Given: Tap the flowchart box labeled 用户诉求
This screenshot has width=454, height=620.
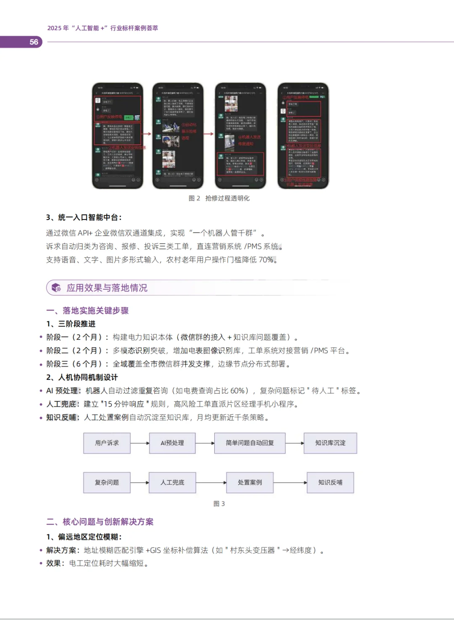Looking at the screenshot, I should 107,443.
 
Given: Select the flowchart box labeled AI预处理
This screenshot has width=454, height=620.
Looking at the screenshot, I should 172,443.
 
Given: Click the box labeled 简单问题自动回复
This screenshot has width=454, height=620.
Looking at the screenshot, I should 250,443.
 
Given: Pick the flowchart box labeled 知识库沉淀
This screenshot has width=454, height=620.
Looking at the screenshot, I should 330,443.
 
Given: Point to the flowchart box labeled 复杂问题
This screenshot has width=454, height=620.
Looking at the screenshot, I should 107,482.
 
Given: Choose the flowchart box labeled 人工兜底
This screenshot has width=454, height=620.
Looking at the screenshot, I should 172,482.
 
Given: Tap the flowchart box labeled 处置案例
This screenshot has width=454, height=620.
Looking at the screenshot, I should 250,482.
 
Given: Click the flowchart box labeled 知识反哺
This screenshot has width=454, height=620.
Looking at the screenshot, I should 330,482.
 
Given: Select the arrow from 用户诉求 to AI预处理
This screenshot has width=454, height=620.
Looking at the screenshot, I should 140,443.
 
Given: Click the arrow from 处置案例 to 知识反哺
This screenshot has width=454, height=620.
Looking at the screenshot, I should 290,482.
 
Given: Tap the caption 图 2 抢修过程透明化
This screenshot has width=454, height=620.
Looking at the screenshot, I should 219,198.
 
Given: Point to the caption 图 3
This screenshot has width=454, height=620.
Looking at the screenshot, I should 219,503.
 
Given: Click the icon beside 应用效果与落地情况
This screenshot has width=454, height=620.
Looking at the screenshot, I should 56,288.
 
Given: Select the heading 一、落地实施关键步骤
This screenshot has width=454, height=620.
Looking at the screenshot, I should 87,310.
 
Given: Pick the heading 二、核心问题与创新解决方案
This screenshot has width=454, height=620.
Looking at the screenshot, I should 100,522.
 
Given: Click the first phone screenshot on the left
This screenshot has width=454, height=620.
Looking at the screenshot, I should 118,135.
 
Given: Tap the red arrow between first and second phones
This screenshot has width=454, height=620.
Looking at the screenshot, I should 147,134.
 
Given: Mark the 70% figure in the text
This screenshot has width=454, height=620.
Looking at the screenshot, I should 266,260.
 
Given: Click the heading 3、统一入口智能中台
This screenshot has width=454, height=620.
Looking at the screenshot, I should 84,217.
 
